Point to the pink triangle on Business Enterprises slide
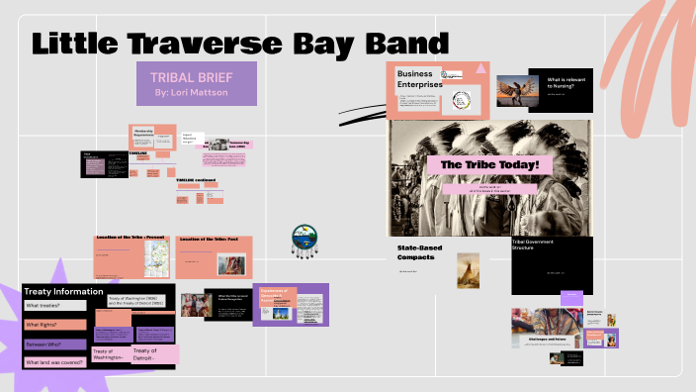[x=480, y=68]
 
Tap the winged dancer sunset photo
[x=516, y=92]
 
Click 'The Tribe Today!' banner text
[x=489, y=164]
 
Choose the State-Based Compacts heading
[x=419, y=250]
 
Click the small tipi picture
[x=468, y=269]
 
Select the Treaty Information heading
[x=63, y=291]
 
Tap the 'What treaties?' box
[x=49, y=306]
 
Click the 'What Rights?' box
[x=49, y=325]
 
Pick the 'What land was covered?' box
[x=55, y=361]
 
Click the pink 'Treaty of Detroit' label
[x=153, y=353]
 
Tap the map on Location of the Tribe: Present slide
[x=156, y=258]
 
